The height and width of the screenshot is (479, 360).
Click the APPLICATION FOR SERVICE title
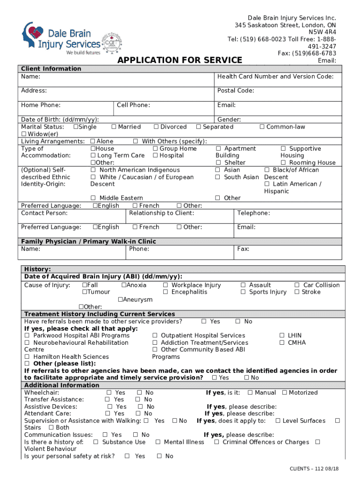180,60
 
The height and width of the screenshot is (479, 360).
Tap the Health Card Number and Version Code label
275,76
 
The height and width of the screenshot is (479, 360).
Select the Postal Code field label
236,90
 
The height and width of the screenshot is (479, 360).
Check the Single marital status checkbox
76,127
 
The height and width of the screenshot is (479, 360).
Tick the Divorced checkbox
156,127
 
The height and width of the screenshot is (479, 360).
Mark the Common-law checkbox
262,127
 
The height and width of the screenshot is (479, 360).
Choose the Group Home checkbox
155,148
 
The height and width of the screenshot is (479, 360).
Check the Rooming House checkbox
283,162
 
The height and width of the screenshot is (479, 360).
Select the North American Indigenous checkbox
94,170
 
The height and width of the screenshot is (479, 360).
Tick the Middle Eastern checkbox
94,198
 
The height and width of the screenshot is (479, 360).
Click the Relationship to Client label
161,213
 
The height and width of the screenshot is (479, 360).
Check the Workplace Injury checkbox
166,285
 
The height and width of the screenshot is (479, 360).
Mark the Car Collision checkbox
297,285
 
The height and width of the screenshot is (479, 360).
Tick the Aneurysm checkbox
120,299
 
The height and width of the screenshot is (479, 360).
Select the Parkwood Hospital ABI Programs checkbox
27,335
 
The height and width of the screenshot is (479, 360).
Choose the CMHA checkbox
282,342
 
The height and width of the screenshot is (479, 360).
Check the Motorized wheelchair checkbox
285,392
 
